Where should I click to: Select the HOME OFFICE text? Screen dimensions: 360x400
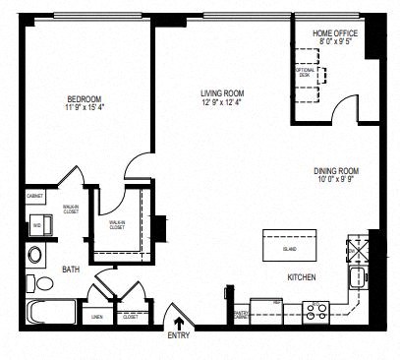coord(335,33)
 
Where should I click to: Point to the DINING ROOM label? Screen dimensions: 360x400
coord(337,169)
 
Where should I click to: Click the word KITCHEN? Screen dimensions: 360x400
coord(301,278)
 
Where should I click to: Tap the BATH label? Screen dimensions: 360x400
coord(71,268)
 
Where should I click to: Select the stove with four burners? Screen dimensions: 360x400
coord(317,312)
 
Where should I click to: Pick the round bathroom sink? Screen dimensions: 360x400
coord(35,256)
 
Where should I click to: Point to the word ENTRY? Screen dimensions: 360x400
coord(179,336)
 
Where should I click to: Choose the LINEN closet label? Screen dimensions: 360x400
coord(97,317)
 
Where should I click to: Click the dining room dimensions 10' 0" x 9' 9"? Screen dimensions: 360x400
coord(337,179)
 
